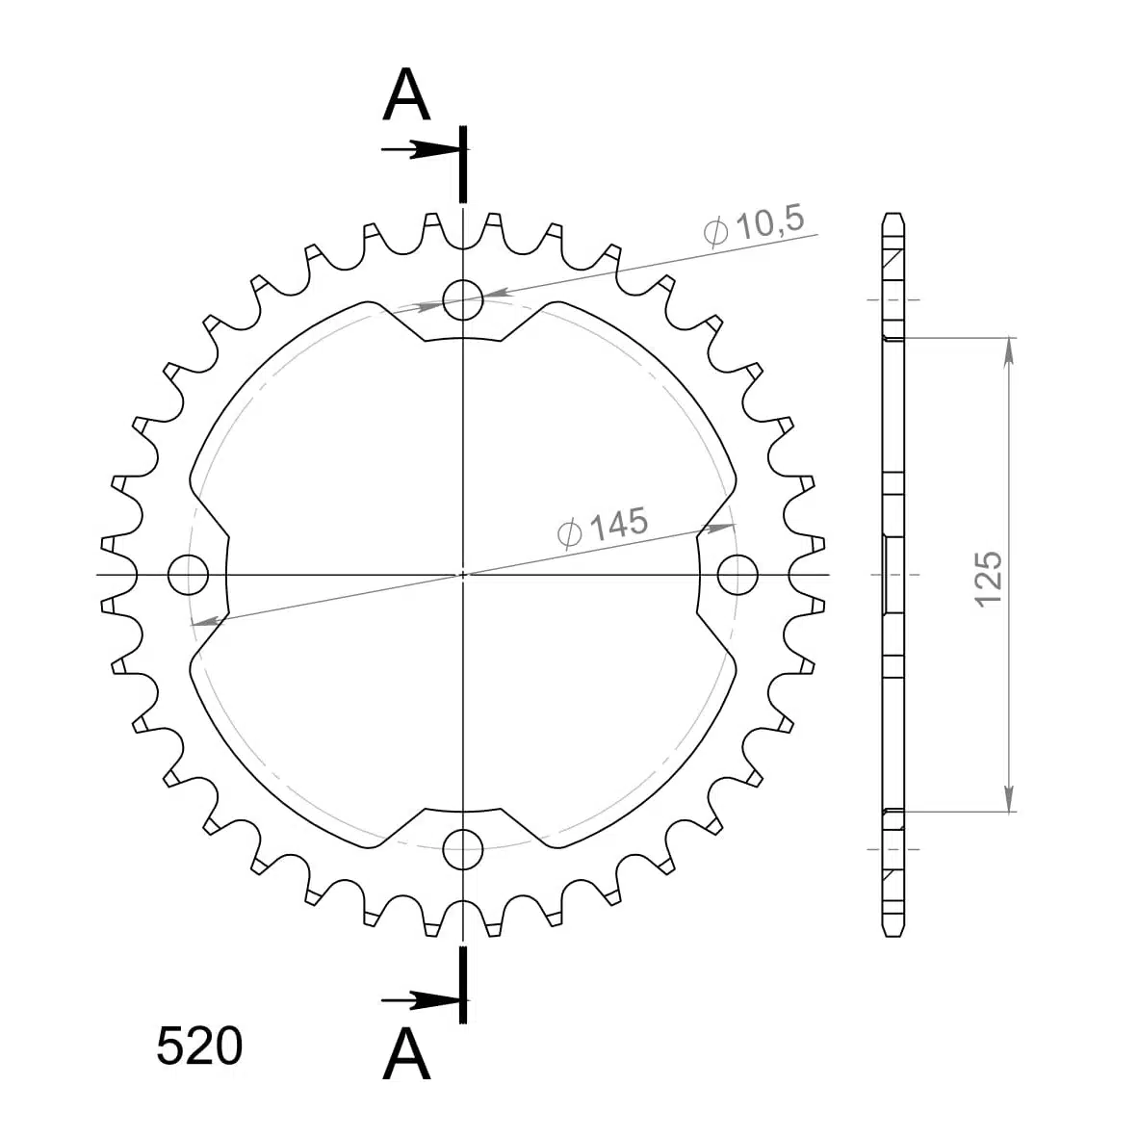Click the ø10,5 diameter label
point(755,225)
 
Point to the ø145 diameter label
point(603,527)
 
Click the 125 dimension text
point(989,579)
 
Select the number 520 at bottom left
point(199,1047)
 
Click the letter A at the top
point(406,95)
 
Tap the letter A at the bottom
point(406,1054)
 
